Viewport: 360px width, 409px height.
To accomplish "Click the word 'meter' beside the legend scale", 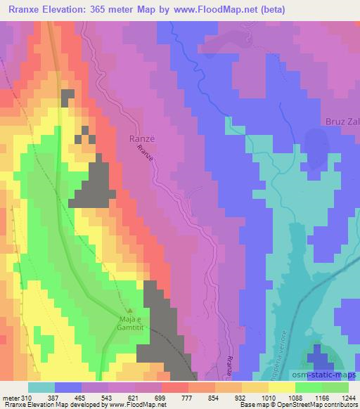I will (x=11, y=398).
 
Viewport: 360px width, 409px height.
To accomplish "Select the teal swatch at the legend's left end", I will (x=42, y=387).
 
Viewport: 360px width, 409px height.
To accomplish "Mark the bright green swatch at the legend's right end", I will (x=334, y=387).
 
